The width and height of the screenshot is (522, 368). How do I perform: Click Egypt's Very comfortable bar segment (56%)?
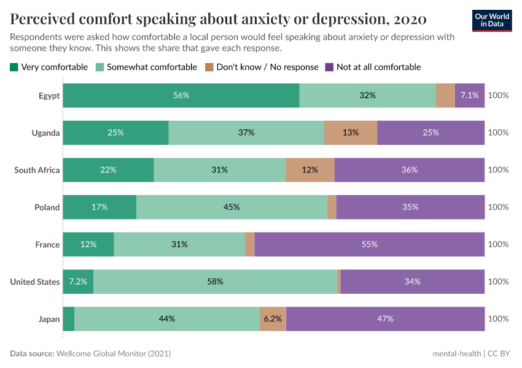[181, 95]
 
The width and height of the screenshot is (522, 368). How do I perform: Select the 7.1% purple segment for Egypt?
[469, 95]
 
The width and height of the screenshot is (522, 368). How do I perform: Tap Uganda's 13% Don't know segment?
[350, 132]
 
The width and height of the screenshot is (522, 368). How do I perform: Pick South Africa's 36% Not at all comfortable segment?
[409, 170]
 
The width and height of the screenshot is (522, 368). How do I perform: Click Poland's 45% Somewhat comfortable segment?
[232, 207]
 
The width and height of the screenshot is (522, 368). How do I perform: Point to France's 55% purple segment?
[369, 244]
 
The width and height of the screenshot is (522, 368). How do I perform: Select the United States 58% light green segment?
[215, 282]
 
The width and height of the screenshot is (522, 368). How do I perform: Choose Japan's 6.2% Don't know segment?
[273, 319]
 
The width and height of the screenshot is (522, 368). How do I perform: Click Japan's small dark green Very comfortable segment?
[68, 319]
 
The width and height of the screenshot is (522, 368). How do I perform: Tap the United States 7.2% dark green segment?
[78, 282]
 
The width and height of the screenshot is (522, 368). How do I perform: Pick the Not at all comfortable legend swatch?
[330, 67]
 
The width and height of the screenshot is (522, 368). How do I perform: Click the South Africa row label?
[37, 170]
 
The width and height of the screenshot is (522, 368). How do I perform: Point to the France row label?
[47, 244]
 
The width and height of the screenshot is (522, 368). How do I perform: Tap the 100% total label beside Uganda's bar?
[498, 132]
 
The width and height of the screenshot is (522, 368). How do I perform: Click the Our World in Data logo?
[493, 20]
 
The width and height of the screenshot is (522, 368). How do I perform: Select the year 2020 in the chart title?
[408, 20]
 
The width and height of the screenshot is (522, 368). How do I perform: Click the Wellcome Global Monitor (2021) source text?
[114, 354]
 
